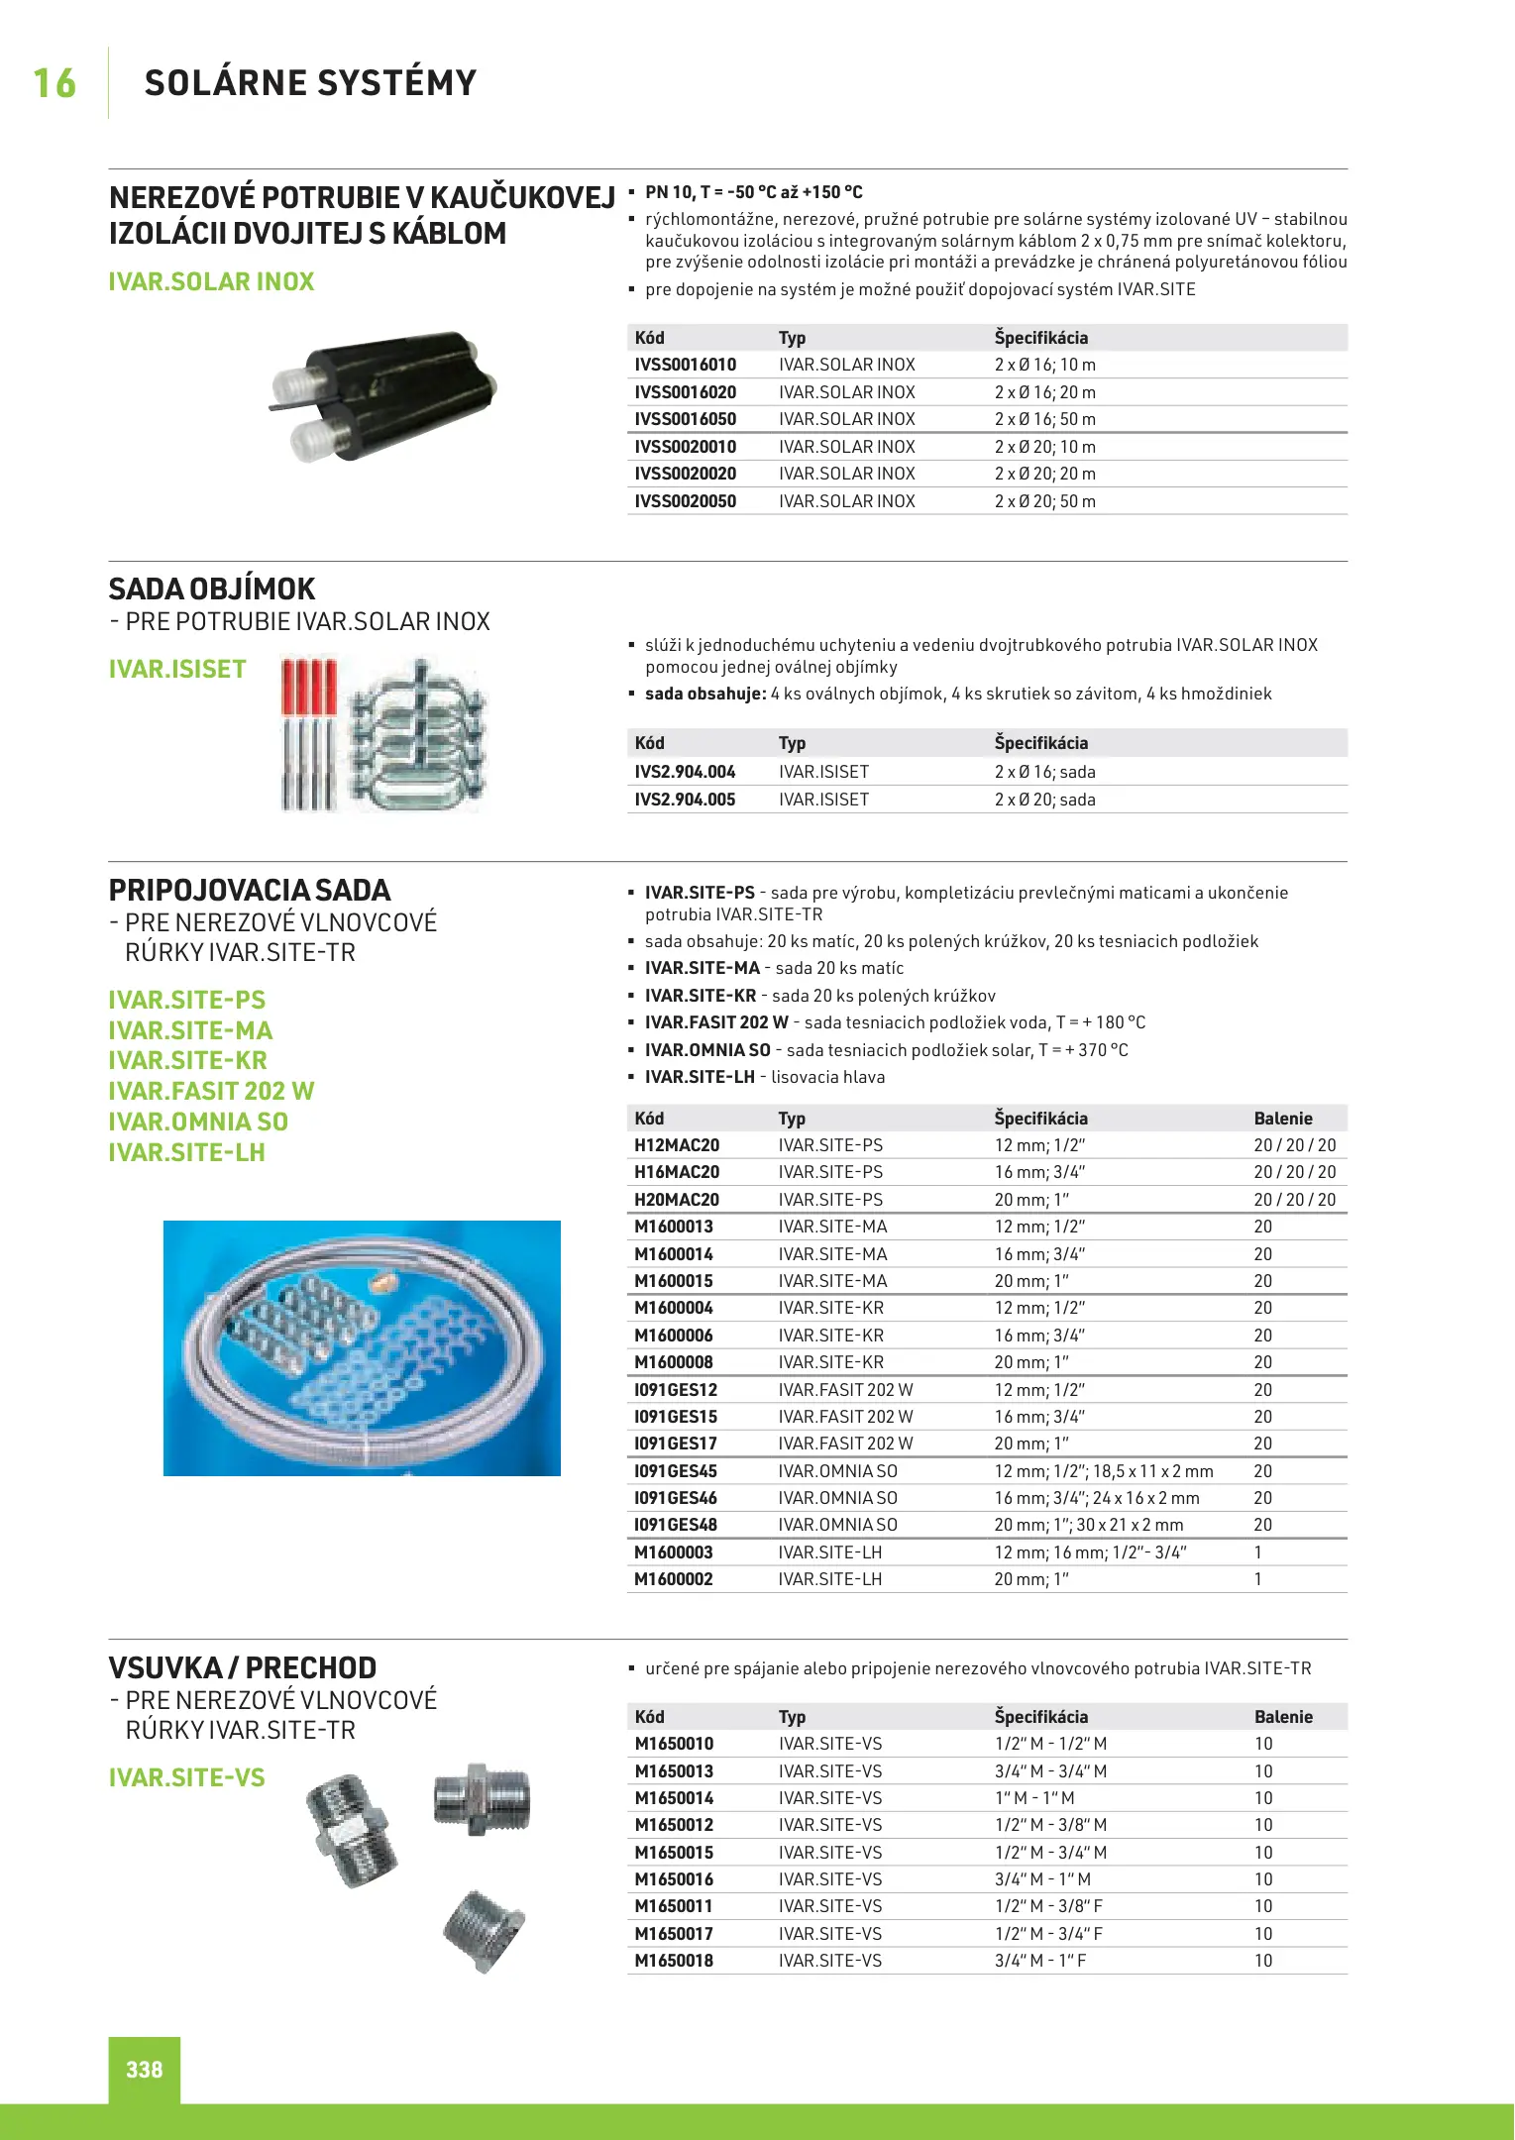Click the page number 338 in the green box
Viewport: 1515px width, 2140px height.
click(145, 2069)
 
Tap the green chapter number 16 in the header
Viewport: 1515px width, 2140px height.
click(54, 83)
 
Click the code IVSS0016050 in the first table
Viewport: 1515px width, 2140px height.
click(685, 419)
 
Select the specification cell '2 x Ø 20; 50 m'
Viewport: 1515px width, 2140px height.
click(1044, 501)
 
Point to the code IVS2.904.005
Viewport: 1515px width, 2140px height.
click(685, 800)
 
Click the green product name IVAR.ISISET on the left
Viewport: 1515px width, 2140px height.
click(177, 670)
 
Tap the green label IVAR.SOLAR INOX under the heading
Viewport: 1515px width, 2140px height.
click(211, 282)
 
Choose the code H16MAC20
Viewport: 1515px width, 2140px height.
click(677, 1172)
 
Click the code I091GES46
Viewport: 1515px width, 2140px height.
click(676, 1498)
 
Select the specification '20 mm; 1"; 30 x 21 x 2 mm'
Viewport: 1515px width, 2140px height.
click(1089, 1525)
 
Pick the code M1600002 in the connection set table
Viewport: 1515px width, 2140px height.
click(674, 1579)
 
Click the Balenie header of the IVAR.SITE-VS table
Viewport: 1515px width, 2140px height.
click(1283, 1717)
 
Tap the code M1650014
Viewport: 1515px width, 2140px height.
click(674, 1798)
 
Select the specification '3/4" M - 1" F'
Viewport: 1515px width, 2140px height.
click(1040, 1961)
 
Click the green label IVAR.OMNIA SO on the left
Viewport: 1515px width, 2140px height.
click(198, 1123)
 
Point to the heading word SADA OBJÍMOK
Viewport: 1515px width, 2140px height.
click(212, 589)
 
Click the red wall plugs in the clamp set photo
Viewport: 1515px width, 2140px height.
click(309, 686)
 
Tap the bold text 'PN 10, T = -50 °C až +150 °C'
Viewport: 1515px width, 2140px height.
click(754, 192)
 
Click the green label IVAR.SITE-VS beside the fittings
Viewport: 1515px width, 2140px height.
click(187, 1778)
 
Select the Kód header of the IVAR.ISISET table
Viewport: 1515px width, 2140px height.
click(650, 743)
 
